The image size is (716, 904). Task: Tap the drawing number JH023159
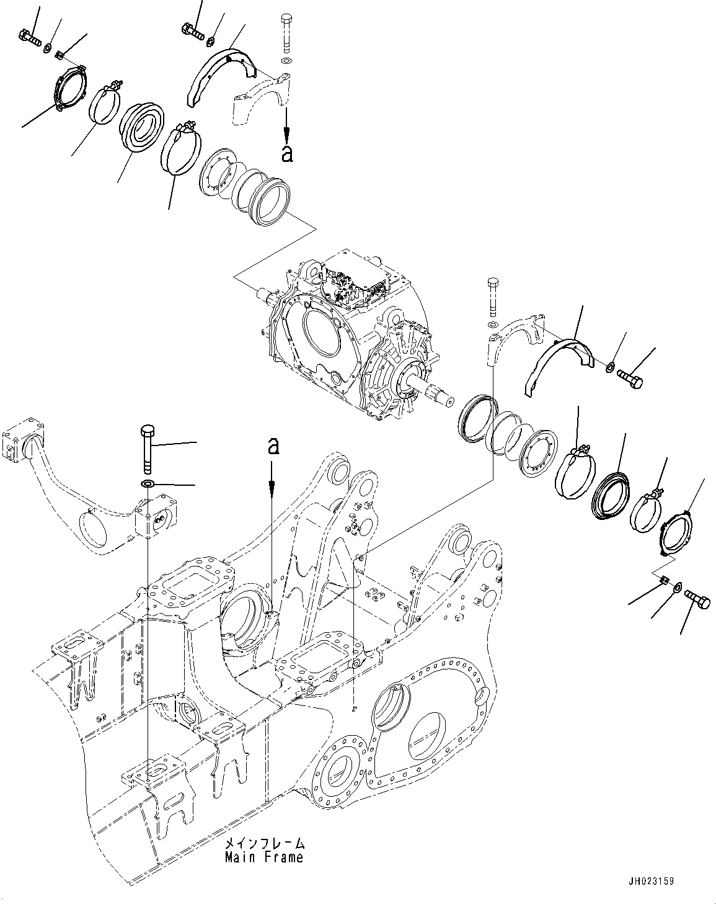[x=650, y=881]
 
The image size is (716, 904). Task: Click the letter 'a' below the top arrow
[x=286, y=153]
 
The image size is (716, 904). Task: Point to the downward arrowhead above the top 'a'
[x=286, y=133]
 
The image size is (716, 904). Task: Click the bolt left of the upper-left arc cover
[x=192, y=29]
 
